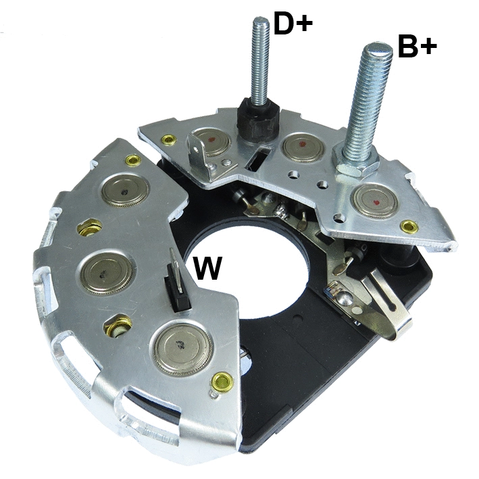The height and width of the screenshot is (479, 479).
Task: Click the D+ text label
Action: [x=293, y=24]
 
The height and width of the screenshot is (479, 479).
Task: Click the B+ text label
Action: [x=417, y=48]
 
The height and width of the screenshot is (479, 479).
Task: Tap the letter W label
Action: [x=208, y=268]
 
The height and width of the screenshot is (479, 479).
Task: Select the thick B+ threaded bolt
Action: [x=365, y=101]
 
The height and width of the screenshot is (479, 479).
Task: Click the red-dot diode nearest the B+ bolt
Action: [x=376, y=201]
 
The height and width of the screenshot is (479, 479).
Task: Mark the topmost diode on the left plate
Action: [x=124, y=191]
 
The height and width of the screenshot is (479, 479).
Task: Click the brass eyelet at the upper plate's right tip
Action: [x=407, y=226]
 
